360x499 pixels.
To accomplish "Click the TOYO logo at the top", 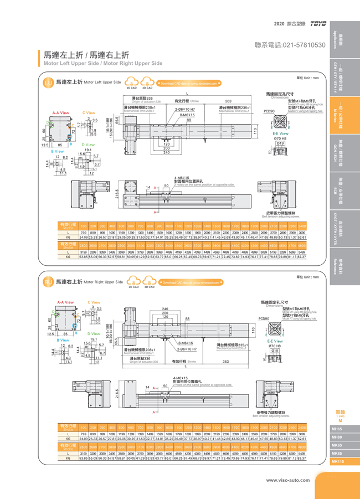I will point(318,24).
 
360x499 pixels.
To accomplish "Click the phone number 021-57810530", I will point(290,44).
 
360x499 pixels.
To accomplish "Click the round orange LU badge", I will point(48,83).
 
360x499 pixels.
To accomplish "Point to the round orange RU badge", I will point(48,282).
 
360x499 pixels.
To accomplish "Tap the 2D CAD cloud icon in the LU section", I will point(132,83).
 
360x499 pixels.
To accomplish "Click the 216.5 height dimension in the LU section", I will point(117,195).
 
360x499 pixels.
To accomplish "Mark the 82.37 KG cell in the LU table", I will point(302,257).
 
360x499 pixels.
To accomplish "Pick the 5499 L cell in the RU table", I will point(302,454).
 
